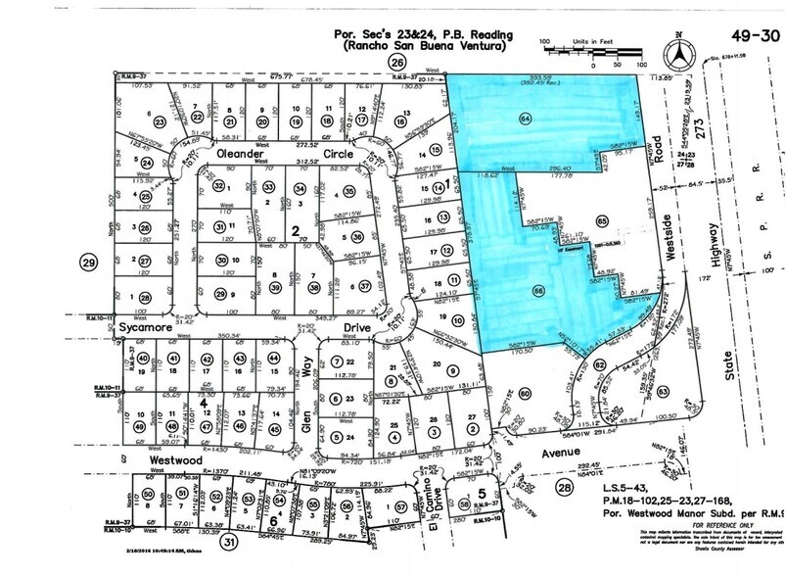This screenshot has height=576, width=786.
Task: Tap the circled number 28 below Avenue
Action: (563, 488)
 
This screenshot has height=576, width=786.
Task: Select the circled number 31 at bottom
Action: (230, 542)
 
